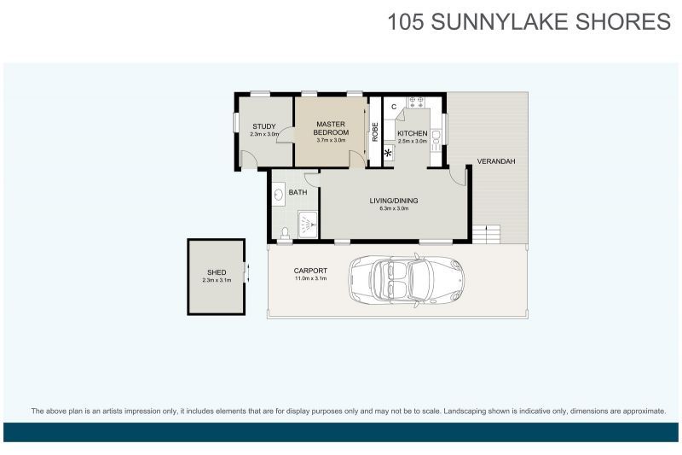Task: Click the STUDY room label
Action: coord(264,126)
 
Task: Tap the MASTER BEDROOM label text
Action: coord(331,128)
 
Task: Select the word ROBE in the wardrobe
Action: coord(375,132)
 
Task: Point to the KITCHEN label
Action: coord(413,133)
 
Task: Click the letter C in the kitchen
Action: coord(394,107)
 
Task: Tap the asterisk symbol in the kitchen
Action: coord(388,153)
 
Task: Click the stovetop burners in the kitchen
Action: coord(415,102)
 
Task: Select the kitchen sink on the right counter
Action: coord(436,141)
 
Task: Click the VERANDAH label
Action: coord(496,161)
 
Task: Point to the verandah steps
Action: coord(487,235)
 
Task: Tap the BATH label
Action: coord(298,192)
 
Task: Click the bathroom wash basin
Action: coord(279,195)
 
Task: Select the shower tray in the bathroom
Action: coord(308,225)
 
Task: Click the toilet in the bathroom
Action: coord(285,233)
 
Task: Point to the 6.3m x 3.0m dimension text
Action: coord(394,208)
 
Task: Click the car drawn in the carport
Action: coord(406,280)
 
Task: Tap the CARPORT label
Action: coord(310,271)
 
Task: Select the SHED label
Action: coord(217,272)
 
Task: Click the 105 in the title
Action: coord(405,22)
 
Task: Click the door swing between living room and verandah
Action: coord(458,177)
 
